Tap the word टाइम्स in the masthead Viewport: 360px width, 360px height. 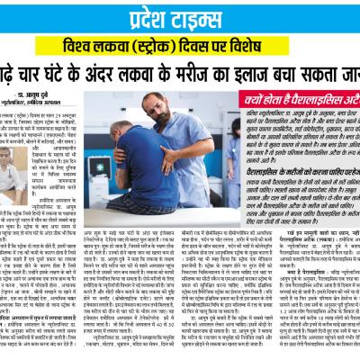tap(202, 20)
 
